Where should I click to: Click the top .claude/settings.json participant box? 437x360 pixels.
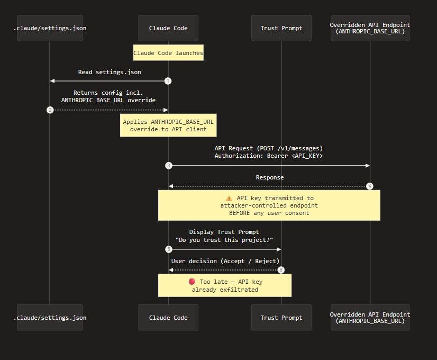point(50,28)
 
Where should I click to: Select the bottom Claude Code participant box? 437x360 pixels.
point(168,318)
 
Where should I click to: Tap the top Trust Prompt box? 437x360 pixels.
point(281,28)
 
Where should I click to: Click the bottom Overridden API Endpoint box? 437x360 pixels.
point(370,318)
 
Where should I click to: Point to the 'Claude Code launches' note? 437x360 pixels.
point(168,53)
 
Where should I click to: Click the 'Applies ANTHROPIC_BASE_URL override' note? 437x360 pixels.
point(168,125)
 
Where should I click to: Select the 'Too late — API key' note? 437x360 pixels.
point(225,285)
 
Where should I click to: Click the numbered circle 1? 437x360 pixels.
point(168,81)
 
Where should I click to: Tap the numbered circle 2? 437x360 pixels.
point(50,110)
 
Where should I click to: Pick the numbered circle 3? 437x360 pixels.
point(168,166)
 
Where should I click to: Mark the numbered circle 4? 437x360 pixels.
point(370,186)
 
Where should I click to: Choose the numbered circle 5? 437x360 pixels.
point(168,249)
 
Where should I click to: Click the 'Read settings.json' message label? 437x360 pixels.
point(110,72)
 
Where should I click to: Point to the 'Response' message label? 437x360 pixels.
point(269,177)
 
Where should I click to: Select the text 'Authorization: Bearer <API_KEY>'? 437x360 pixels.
point(268,156)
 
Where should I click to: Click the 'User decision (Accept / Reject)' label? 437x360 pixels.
point(225,261)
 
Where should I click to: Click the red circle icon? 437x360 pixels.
point(192,282)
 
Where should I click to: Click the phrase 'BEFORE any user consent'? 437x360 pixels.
point(269,213)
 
